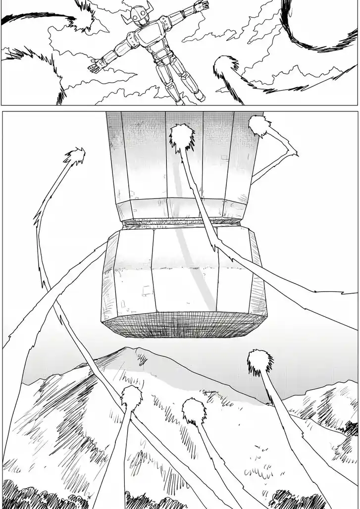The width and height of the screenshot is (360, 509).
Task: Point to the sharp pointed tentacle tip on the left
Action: (x=75, y=155)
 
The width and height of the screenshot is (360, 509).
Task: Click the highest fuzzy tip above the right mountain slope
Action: (x=259, y=359)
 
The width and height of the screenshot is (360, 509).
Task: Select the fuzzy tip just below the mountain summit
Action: (x=131, y=396)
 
